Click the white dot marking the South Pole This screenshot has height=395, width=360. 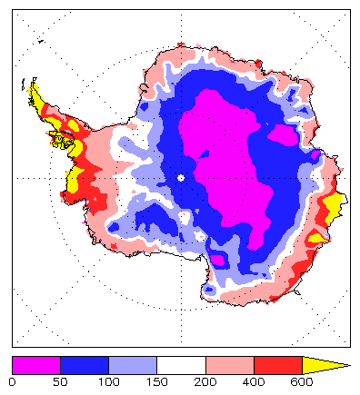pos(181,178)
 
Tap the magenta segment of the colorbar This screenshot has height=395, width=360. pos(35,364)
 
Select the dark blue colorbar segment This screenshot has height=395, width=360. pos(85,364)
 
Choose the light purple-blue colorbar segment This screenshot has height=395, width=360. pos(133,364)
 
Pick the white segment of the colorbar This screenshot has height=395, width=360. pos(181,364)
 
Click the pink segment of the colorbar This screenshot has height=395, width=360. pos(229,364)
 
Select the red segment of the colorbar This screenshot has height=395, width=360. pos(278,364)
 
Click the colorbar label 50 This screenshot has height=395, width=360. pos(60,383)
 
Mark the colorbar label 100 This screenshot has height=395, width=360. pos(108,383)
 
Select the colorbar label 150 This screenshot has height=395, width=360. pos(157,383)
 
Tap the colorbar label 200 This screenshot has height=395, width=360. pos(205,383)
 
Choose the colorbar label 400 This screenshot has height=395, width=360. pos(254,383)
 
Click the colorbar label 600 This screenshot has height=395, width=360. pos(302,383)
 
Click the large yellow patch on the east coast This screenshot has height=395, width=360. pos(332,207)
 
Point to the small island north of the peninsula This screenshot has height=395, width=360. pos(42,41)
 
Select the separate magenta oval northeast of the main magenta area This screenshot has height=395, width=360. pos(284,135)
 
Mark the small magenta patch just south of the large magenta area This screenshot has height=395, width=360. pos(219,261)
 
